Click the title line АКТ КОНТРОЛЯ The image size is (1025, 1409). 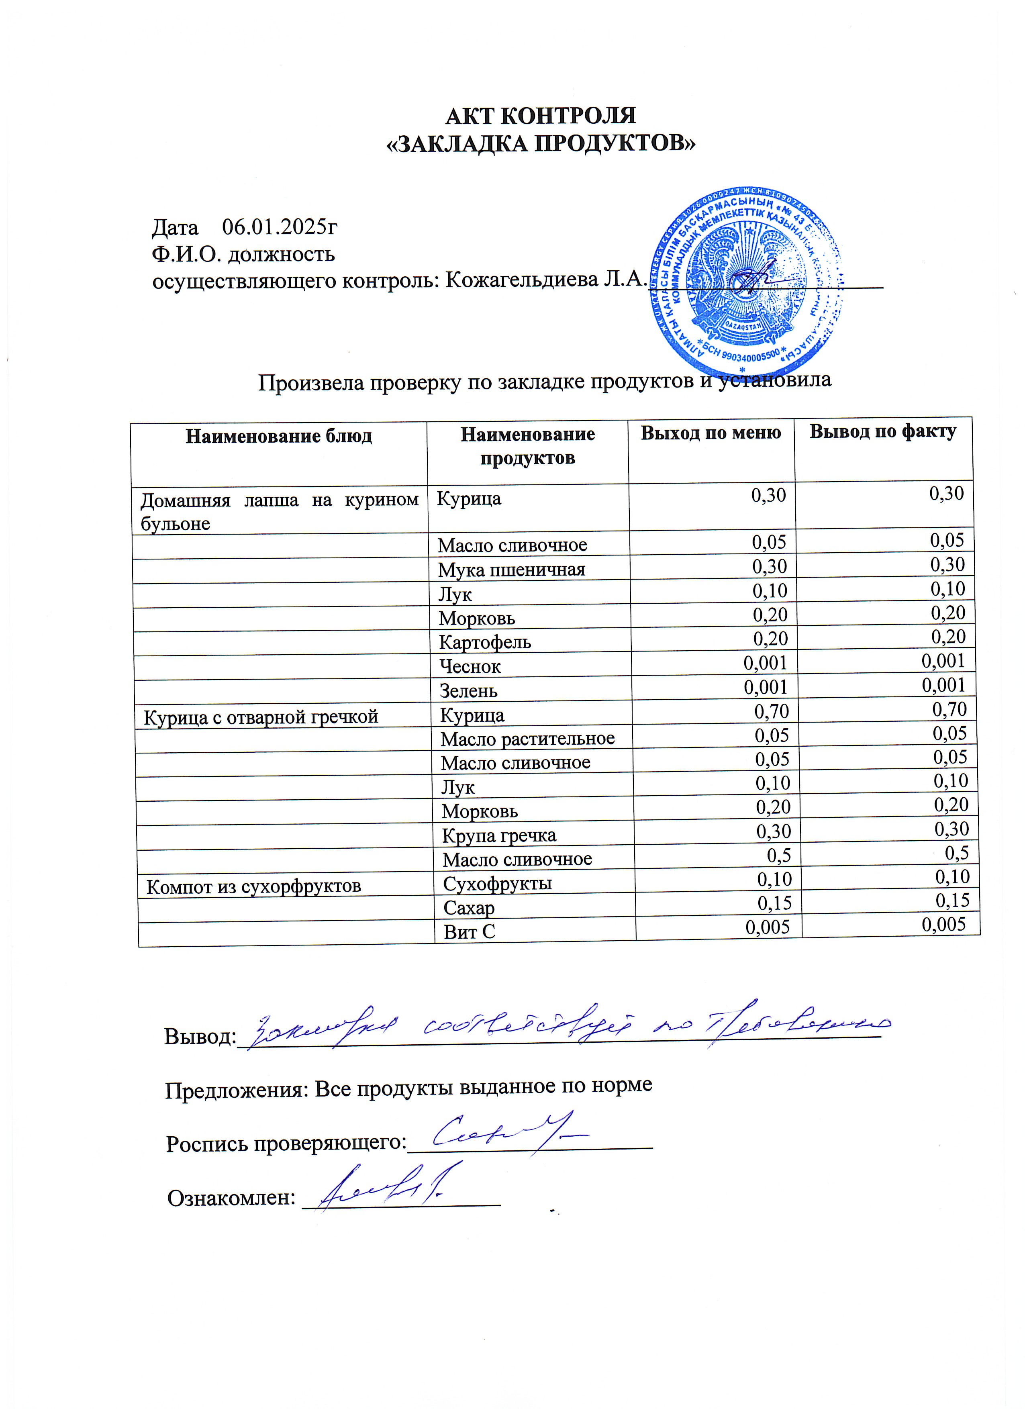(x=541, y=116)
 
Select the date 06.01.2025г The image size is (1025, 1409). (x=280, y=227)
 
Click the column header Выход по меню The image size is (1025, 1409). (x=711, y=433)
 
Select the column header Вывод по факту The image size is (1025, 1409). (x=883, y=431)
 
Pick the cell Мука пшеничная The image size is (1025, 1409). (x=511, y=569)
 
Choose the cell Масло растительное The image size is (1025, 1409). (x=527, y=739)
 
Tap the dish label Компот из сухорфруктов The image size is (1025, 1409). (x=253, y=886)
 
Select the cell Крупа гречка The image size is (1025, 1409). (x=499, y=835)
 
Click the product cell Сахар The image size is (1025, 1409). (x=469, y=908)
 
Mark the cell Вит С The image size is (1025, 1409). (x=469, y=932)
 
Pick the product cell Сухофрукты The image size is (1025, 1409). (x=497, y=883)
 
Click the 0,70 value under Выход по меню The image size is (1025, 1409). (x=772, y=711)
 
